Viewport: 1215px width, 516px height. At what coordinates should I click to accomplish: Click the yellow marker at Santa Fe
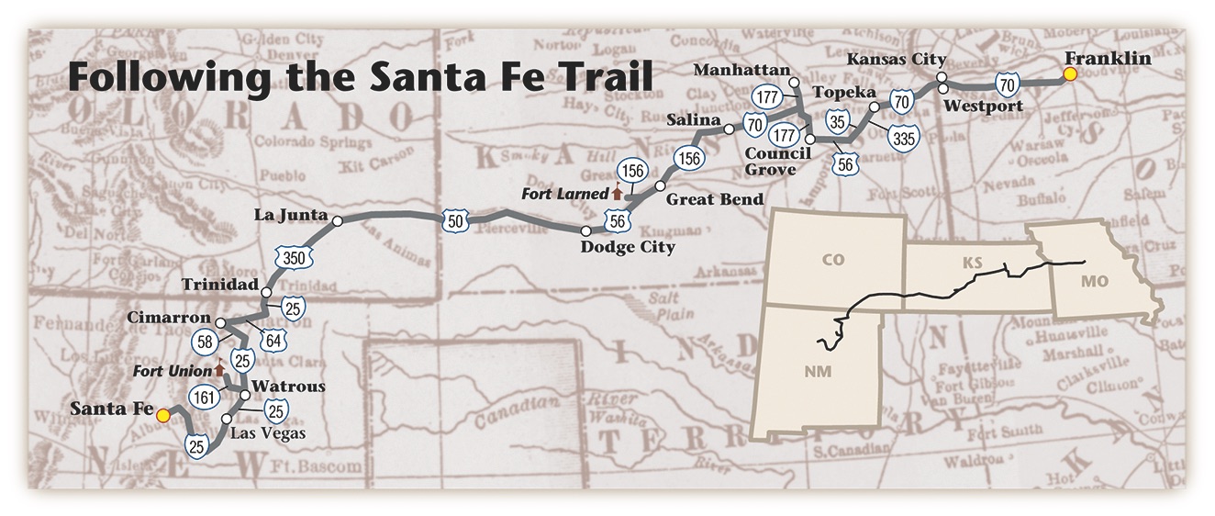pos(163,415)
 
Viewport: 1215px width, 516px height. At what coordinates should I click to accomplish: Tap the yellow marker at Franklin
pos(1069,77)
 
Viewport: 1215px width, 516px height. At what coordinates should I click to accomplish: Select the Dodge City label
pos(628,247)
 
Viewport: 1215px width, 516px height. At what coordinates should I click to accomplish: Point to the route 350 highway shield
pos(294,258)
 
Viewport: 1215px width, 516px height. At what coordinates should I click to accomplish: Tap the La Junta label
pos(291,217)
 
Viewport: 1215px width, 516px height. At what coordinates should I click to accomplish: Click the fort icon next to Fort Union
pos(220,369)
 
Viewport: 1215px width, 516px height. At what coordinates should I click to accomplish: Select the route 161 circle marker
pos(205,398)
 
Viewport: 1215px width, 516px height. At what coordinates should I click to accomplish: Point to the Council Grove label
pos(777,161)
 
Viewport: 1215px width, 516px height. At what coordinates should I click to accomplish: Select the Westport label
pos(983,106)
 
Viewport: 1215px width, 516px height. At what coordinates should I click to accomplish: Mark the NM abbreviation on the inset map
pos(815,373)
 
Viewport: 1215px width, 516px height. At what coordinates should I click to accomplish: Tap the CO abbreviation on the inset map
pos(832,261)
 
